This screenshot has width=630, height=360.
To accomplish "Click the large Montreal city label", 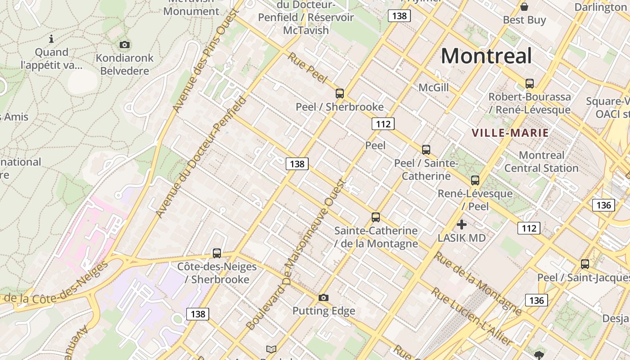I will (486, 56).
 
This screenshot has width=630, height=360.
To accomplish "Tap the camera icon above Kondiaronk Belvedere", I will (125, 45).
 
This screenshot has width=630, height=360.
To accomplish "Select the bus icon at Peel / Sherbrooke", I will (340, 94).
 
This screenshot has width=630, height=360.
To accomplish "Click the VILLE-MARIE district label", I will (510, 133).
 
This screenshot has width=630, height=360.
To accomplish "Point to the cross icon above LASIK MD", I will (461, 224).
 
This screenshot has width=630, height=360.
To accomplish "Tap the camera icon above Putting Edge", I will (323, 297).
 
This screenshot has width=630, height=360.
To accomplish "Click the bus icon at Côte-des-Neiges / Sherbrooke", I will (217, 253).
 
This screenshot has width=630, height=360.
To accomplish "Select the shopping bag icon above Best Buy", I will (524, 7).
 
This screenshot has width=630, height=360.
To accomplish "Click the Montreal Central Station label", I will (541, 162).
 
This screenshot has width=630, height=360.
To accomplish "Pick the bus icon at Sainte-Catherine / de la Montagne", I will (376, 217).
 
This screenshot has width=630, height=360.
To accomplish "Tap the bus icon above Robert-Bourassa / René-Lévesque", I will (530, 83).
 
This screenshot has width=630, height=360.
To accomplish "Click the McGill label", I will (433, 87).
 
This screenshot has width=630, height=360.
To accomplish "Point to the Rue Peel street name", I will (307, 67).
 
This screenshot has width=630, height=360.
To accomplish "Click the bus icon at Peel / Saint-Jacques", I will (585, 264).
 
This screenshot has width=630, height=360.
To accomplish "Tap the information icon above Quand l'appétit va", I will (51, 39).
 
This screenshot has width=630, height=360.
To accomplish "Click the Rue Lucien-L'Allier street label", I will (471, 317).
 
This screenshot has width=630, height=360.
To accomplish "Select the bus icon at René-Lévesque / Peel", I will (475, 180).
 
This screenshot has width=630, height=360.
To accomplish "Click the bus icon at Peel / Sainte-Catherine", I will (426, 150).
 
